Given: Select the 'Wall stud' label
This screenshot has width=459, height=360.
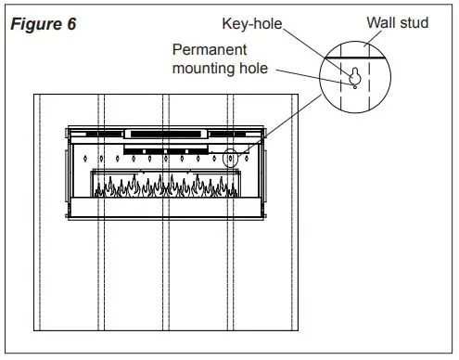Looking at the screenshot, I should pyautogui.click(x=398, y=21).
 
